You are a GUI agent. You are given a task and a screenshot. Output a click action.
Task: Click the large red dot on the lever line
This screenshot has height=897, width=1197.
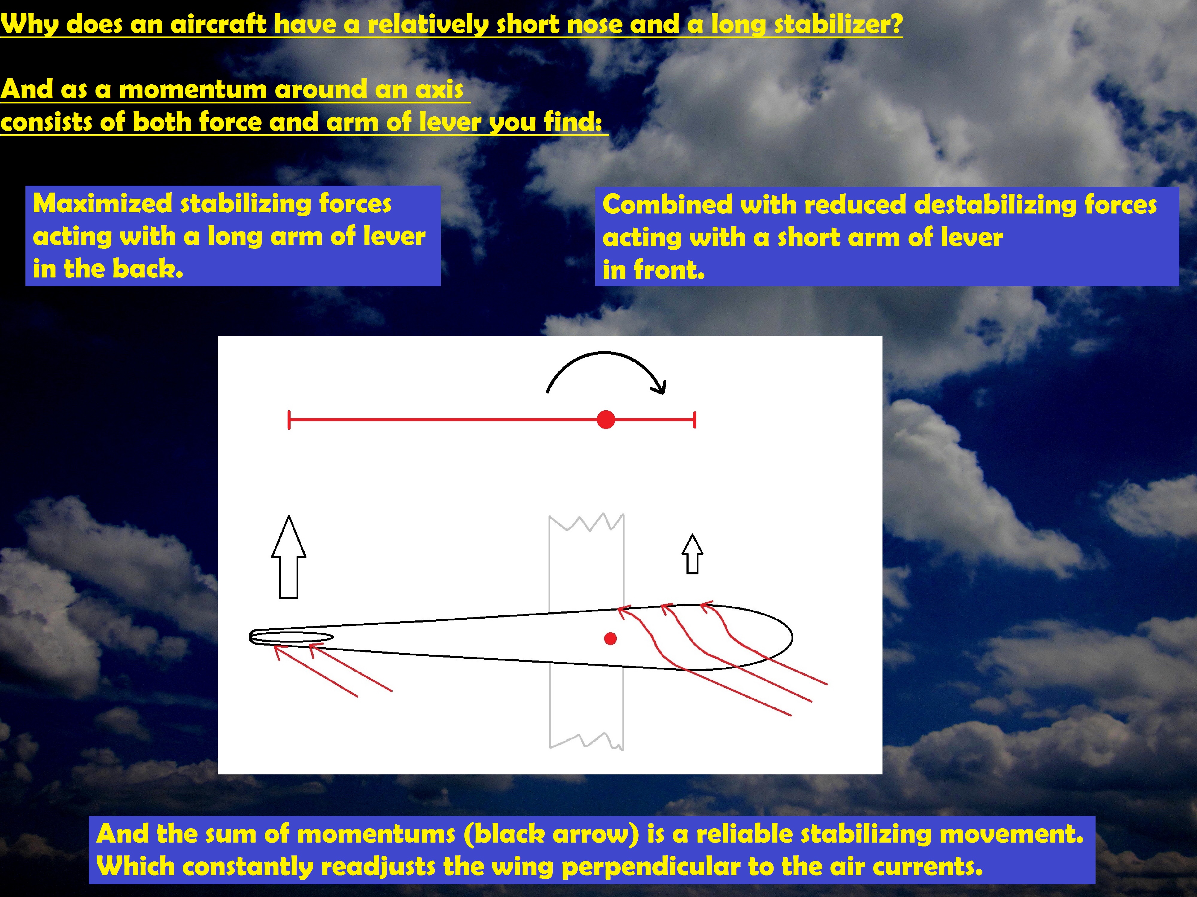coord(606,419)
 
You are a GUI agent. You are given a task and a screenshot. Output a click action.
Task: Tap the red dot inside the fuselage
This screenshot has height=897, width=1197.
coord(610,639)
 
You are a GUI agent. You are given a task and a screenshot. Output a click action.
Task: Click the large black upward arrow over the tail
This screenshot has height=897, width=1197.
coord(288,557)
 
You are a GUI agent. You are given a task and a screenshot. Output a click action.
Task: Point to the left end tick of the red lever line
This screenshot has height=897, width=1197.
coord(289,419)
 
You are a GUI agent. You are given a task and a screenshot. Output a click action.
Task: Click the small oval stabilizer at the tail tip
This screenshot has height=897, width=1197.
coord(291,637)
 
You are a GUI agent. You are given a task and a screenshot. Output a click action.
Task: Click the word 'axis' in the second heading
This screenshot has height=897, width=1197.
coord(439,89)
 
